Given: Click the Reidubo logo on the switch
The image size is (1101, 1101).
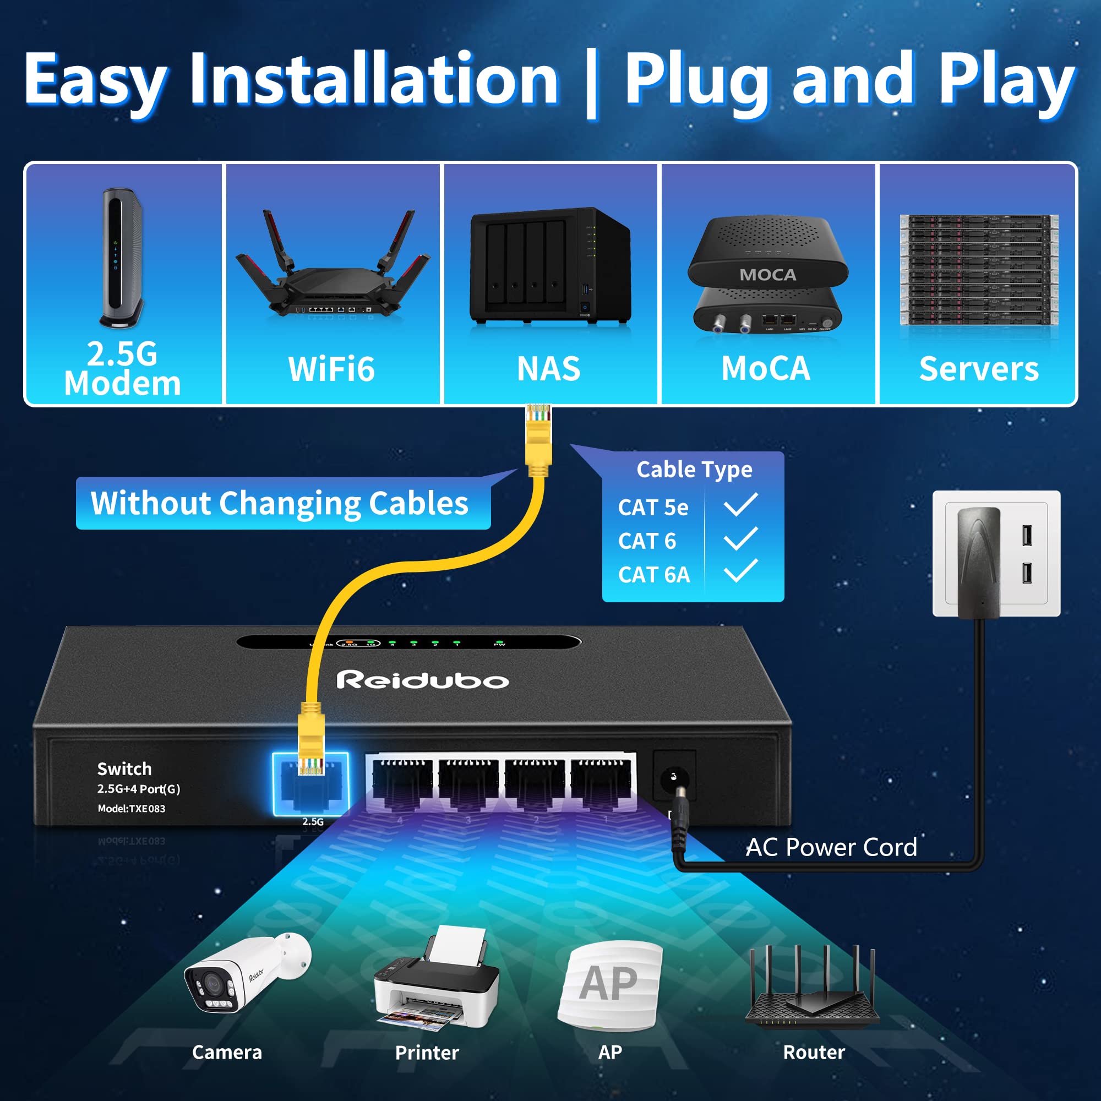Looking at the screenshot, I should tap(422, 680).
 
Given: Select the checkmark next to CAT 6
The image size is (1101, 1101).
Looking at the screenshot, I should tap(740, 539).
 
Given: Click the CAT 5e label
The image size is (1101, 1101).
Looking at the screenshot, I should tap(653, 507).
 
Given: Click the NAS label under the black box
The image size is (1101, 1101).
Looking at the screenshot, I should tap(548, 369).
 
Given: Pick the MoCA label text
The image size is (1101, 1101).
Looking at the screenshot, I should tap(765, 369).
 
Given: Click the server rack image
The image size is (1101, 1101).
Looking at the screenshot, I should tap(978, 271).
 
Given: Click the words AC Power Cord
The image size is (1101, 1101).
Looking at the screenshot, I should tap(831, 847).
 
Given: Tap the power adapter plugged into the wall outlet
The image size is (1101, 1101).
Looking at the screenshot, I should tap(978, 562).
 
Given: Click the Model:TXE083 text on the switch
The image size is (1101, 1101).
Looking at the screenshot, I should tap(131, 808).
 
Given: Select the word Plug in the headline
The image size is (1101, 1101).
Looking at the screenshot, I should tap(700, 80).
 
